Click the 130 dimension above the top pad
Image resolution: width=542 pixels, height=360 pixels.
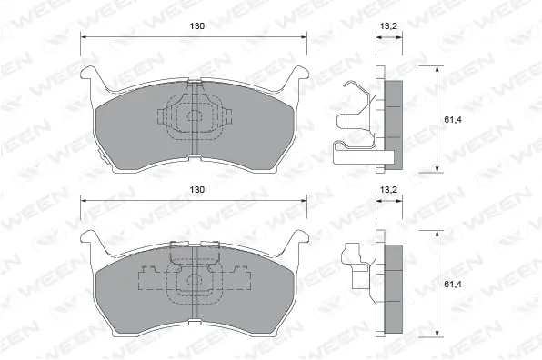pyautogui.click(x=196, y=26)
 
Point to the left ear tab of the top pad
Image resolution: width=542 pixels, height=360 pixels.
pyautogui.click(x=88, y=75)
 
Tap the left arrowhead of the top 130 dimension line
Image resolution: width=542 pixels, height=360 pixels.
pyautogui.click(x=85, y=36)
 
